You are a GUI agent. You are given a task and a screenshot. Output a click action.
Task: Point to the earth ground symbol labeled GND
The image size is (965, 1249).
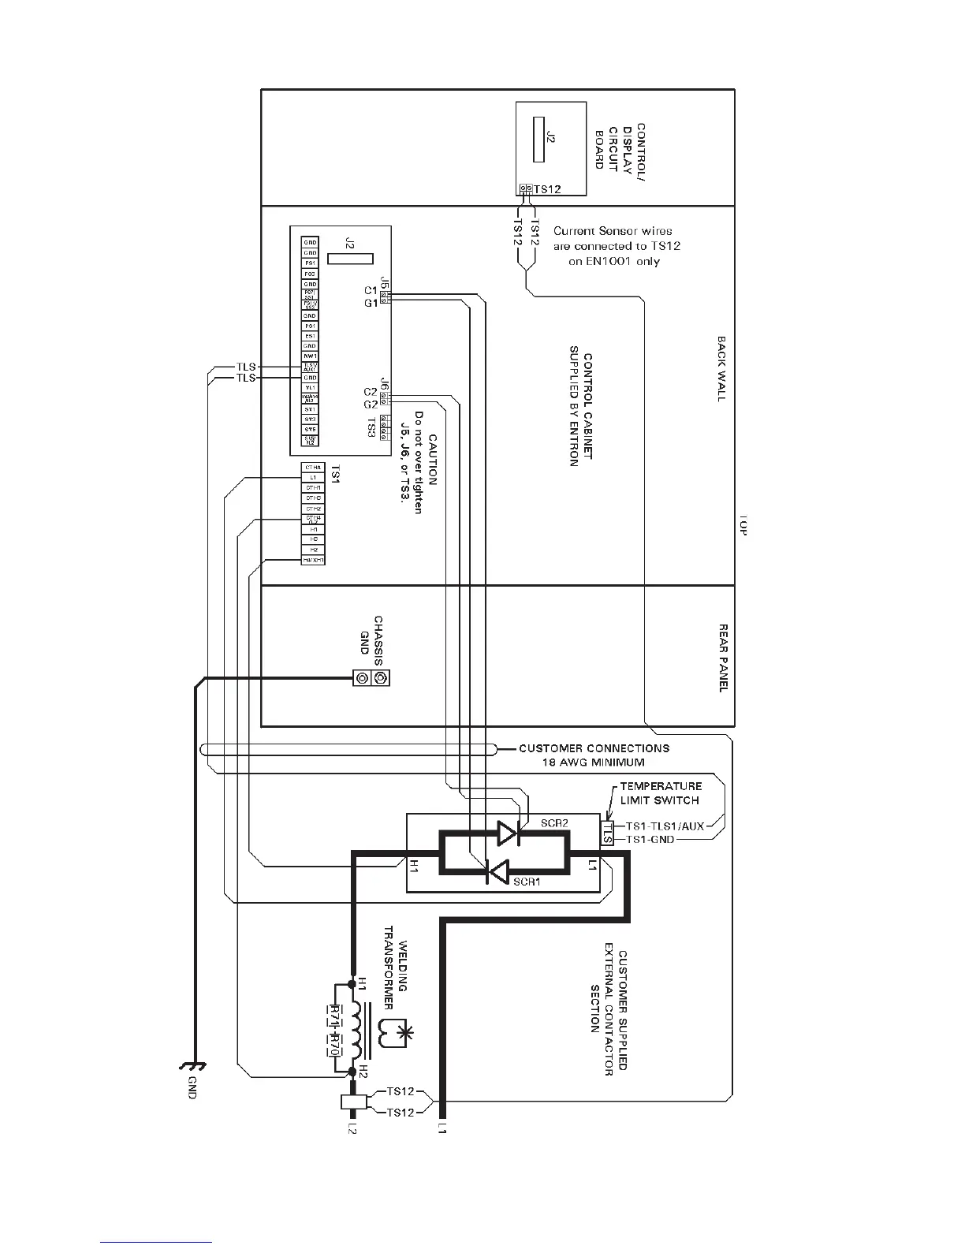(194, 1070)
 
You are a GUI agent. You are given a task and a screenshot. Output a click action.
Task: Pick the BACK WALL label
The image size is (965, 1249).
(721, 369)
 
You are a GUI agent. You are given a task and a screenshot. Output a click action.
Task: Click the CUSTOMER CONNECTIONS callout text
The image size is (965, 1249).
(594, 748)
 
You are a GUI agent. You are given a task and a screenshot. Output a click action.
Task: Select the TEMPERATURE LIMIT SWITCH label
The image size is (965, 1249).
(659, 793)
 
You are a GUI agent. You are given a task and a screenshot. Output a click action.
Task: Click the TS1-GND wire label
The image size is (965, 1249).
(650, 840)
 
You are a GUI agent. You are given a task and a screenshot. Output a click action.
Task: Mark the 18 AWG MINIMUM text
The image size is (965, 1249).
(593, 762)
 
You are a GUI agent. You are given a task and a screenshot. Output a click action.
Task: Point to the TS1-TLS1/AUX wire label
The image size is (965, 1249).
(665, 826)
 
